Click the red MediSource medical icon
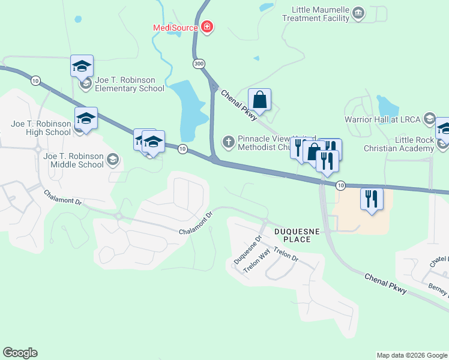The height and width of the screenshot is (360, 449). [207, 27]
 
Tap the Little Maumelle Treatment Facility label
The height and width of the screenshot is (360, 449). [321, 14]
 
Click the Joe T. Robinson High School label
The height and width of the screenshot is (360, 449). [41, 128]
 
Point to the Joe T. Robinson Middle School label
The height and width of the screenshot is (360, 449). [73, 160]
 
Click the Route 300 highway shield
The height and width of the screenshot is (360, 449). [198, 64]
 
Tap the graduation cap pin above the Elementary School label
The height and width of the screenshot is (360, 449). [81, 65]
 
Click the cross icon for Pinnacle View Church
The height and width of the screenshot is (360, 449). [228, 142]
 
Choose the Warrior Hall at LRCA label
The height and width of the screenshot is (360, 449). [382, 119]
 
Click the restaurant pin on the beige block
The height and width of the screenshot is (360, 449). [371, 199]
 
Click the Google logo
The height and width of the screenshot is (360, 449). [20, 353]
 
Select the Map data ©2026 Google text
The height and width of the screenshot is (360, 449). [412, 355]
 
